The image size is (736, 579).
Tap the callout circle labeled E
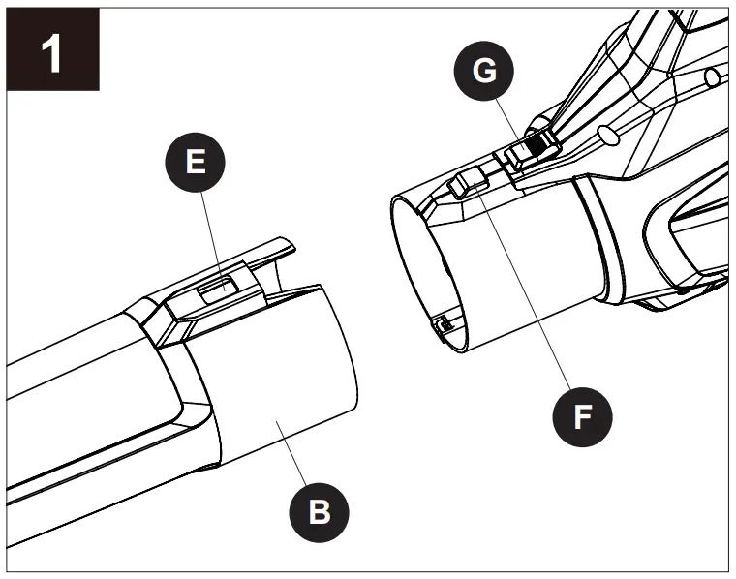point(195,163)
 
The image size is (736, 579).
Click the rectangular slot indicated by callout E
point(215,286)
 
